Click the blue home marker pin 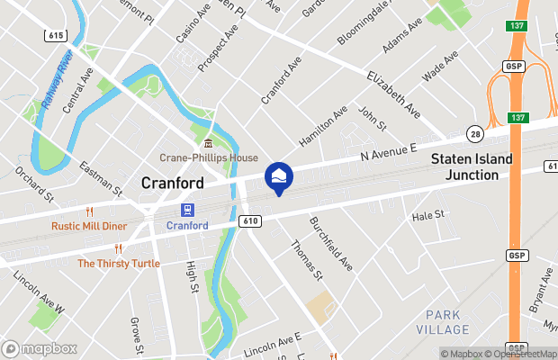[x=278, y=175]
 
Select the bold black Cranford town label [x=173, y=183]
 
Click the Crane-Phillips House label [x=208, y=157]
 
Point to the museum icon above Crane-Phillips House [x=208, y=144]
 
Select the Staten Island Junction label [x=471, y=166]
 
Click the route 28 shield [x=474, y=134]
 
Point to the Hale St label [x=428, y=216]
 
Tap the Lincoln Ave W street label [x=40, y=295]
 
